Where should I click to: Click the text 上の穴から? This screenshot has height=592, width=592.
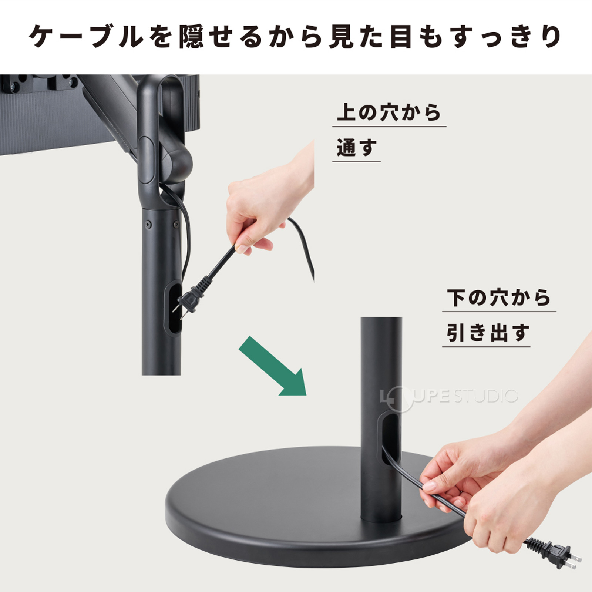pos(388,112)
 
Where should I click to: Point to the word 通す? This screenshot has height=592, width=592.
pos(356,148)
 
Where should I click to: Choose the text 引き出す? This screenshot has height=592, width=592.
pos(487,332)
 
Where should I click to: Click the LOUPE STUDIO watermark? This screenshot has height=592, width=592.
pos(449,397)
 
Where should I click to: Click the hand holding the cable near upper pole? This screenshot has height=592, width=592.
pos(259,207)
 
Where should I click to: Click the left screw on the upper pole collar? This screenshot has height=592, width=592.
pos(148,224)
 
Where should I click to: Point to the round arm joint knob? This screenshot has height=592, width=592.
pos(178,163)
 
